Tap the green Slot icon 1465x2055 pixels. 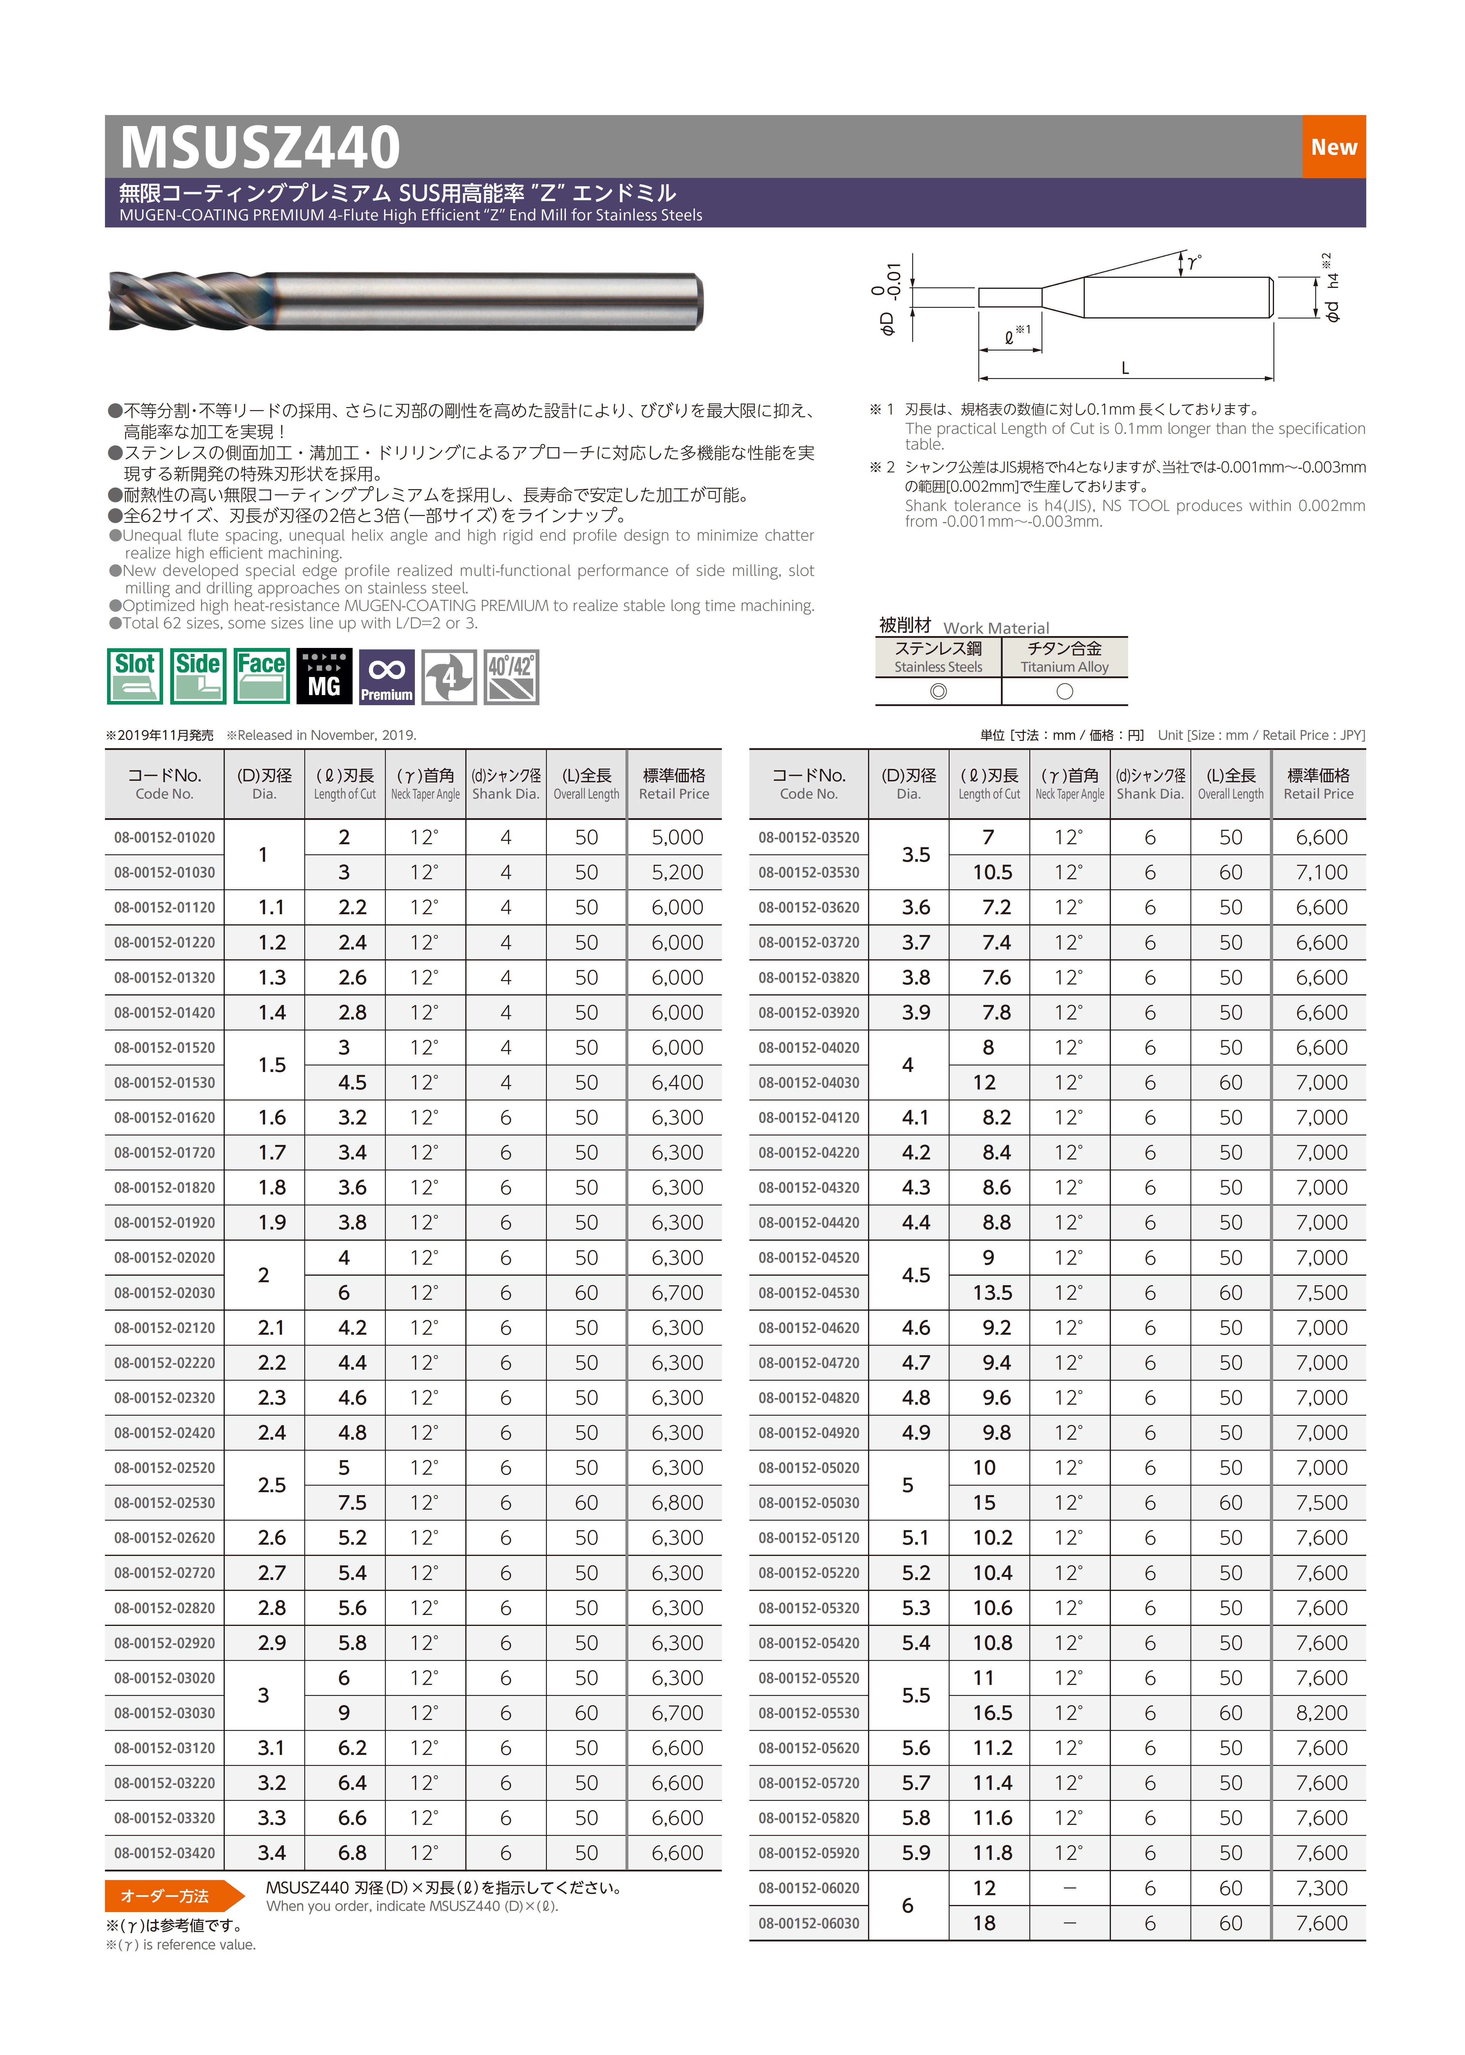(134, 676)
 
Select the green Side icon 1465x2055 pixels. (198, 676)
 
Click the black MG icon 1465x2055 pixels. (324, 676)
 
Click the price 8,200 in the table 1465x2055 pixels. (1321, 1712)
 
